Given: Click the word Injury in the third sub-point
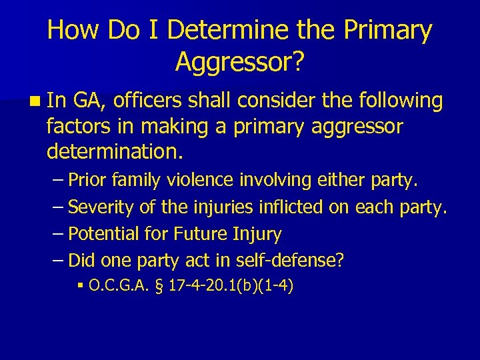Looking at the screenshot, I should point(259,234).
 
